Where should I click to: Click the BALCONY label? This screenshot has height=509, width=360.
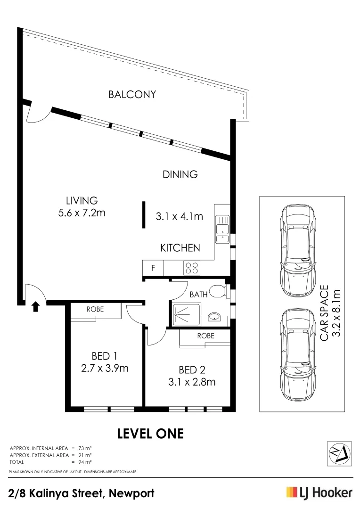pyautogui.click(x=132, y=94)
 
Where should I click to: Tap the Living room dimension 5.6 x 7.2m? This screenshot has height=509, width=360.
pyautogui.click(x=82, y=213)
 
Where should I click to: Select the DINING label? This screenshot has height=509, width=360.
pyautogui.click(x=180, y=174)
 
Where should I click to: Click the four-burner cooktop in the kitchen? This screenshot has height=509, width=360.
pyautogui.click(x=192, y=268)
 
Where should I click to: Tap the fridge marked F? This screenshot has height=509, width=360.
pyautogui.click(x=153, y=268)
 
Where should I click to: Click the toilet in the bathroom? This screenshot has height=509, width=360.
pyautogui.click(x=217, y=291)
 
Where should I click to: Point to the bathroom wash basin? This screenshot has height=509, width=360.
pyautogui.click(x=214, y=316)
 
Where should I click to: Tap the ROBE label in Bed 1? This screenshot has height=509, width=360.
pyautogui.click(x=95, y=309)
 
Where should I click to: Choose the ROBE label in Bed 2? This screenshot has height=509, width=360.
pyautogui.click(x=205, y=336)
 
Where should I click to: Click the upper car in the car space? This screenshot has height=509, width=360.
pyautogui.click(x=297, y=251)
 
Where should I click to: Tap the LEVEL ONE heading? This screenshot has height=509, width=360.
pyautogui.click(x=150, y=434)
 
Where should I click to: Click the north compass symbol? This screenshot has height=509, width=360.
pyautogui.click(x=339, y=453)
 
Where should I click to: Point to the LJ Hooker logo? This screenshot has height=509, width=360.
pyautogui.click(x=319, y=493)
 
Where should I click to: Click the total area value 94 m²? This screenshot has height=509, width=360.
pyautogui.click(x=85, y=462)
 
